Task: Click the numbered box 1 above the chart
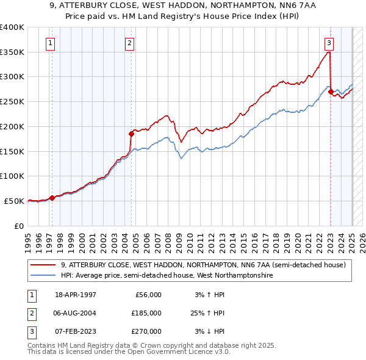click(49, 43)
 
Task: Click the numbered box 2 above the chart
click(131, 43)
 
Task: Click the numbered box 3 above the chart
click(329, 43)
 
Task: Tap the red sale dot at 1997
click(52, 197)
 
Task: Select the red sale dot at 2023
click(331, 92)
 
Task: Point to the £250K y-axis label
click(12, 102)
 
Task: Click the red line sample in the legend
click(43, 265)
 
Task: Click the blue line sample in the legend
click(43, 276)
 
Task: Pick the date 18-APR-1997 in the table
click(76, 295)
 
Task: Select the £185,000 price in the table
click(146, 313)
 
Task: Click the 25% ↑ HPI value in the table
click(206, 313)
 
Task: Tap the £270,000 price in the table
click(146, 331)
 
